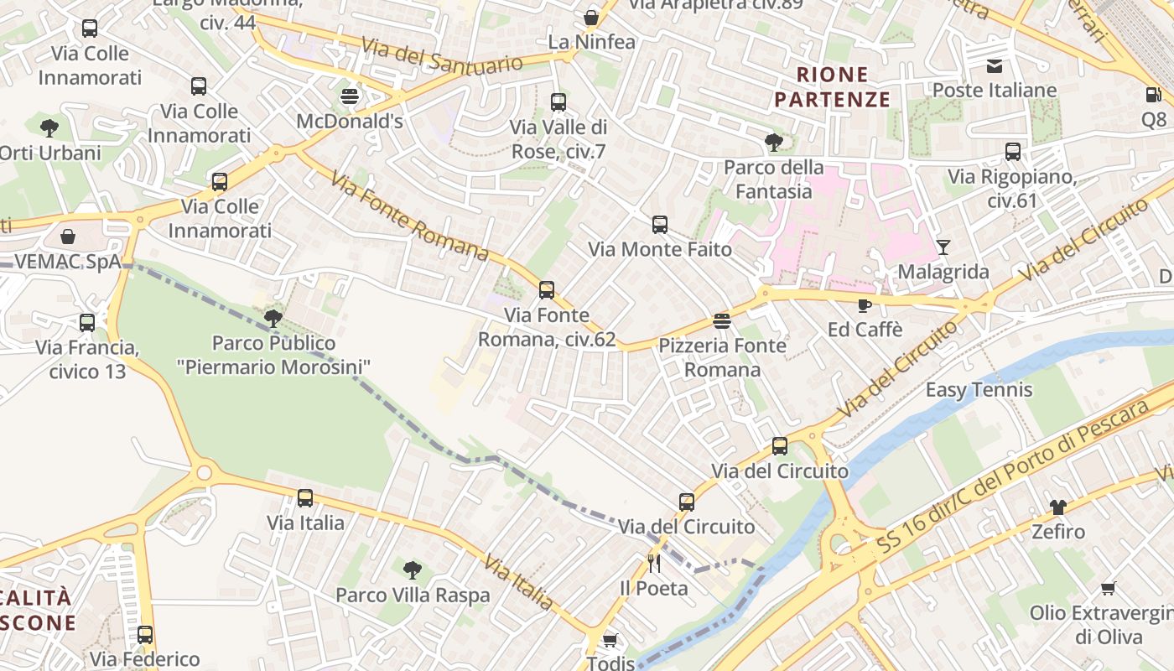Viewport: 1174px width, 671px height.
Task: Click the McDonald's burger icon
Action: (350, 96)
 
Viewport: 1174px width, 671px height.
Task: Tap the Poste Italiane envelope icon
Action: (995, 66)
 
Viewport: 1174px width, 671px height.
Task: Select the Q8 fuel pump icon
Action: (1154, 95)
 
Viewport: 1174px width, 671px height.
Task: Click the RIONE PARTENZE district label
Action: (832, 87)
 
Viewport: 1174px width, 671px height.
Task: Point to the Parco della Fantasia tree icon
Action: (773, 143)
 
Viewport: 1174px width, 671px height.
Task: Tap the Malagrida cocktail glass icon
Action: (943, 247)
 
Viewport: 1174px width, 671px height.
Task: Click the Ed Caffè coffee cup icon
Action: (865, 305)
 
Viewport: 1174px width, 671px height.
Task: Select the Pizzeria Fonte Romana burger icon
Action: (721, 320)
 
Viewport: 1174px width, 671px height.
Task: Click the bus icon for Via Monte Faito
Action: (660, 225)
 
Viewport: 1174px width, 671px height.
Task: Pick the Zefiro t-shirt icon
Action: (1058, 507)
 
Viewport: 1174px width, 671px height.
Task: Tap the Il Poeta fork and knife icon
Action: (654, 563)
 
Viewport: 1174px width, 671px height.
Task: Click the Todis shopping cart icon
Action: (610, 640)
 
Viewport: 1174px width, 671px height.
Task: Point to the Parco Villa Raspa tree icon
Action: (412, 570)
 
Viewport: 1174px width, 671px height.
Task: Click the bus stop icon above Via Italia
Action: (305, 498)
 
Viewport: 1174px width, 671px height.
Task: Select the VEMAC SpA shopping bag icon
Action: (68, 237)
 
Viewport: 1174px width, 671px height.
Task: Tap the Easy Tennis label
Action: (979, 390)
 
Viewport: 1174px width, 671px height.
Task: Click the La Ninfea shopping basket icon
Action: (591, 18)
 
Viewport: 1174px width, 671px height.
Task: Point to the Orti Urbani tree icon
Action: (49, 128)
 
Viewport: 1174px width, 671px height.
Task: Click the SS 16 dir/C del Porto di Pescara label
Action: (1013, 478)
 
